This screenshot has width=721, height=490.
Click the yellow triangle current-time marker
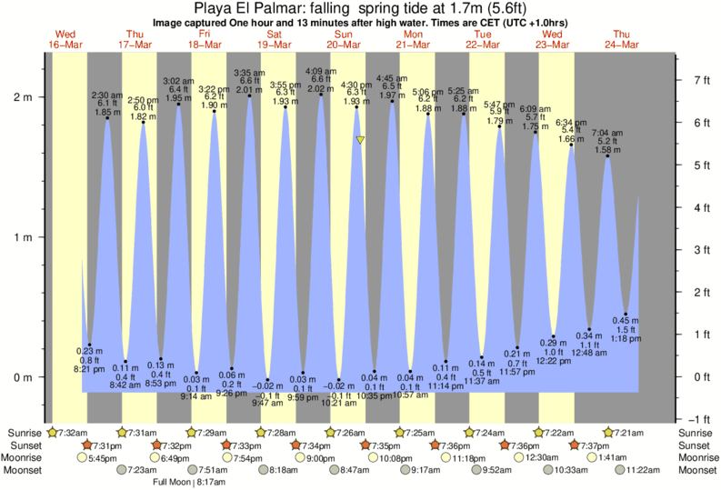(x=361, y=140)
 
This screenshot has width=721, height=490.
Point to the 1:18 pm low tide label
(x=626, y=339)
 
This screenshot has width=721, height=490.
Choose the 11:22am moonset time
(x=642, y=469)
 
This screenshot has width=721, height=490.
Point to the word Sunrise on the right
(x=696, y=433)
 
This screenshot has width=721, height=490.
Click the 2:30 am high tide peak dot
(x=107, y=117)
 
